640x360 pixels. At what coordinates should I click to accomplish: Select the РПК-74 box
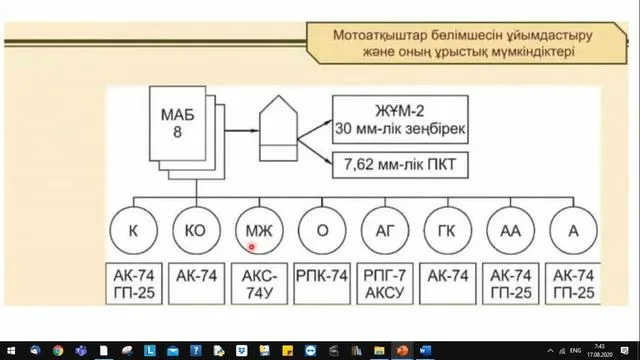[x=322, y=272]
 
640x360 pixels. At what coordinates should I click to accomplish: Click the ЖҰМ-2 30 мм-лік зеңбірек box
[x=400, y=121]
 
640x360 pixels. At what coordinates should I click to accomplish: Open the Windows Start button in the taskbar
[x=10, y=351]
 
